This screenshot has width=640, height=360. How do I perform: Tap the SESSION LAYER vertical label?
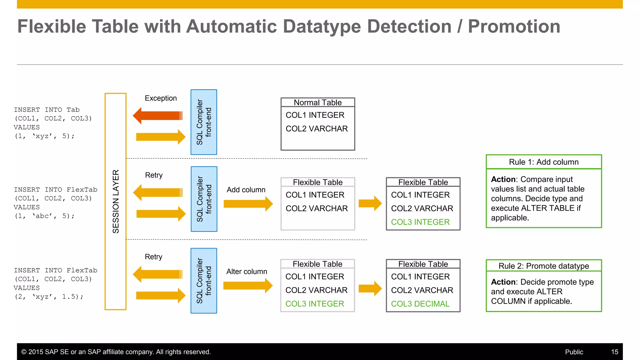pos(116,202)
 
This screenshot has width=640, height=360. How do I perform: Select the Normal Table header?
pos(317,102)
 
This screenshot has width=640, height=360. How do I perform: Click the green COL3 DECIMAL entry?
pos(420,304)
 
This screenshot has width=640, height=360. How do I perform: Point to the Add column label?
pos(246,190)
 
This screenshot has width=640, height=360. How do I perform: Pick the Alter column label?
pos(247,272)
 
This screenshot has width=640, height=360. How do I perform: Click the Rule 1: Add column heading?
pos(543,162)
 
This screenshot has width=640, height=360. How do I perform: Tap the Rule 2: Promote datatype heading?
pos(543,266)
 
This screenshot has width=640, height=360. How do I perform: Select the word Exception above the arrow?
pos(161,98)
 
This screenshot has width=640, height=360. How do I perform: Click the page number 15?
pos(614,352)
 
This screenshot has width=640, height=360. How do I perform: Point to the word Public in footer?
pos(574,352)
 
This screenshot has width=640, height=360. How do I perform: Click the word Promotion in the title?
pos(514,26)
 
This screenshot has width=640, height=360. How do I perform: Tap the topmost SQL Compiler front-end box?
pos(204,122)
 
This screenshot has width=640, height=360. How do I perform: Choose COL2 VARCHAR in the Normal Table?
pos(317,129)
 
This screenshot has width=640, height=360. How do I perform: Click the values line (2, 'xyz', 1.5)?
pos(49,297)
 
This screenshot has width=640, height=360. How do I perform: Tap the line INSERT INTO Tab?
pos(47,110)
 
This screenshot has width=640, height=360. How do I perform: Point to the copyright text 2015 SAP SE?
pos(116,352)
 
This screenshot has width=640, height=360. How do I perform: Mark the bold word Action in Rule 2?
pos(503,282)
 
